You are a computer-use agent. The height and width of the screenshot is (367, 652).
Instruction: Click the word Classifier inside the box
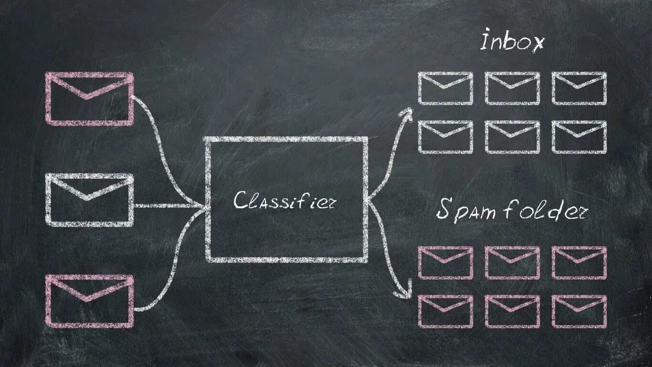point(284,200)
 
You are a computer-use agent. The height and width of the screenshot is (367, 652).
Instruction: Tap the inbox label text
point(512,42)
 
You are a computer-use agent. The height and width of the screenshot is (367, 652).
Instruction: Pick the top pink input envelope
point(89,99)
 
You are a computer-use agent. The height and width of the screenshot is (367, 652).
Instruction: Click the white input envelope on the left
point(89,200)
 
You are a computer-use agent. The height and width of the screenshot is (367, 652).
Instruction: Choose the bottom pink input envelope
point(89,302)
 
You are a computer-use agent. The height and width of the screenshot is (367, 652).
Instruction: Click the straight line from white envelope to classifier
point(167,206)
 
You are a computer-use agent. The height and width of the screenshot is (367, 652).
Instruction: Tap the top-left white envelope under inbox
point(445,88)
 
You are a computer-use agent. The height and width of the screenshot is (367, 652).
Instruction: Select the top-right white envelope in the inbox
point(579,88)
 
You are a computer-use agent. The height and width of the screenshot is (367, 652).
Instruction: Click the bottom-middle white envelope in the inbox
point(512,137)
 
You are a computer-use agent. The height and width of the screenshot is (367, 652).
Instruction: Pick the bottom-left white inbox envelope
point(445,137)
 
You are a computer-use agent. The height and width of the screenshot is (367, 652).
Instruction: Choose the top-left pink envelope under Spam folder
point(445,263)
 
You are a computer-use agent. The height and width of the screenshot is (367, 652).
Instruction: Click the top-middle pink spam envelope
point(512,263)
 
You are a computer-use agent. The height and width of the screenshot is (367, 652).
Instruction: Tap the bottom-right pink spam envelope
point(579,311)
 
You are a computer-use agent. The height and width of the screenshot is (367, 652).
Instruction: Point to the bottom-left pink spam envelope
point(445,311)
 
